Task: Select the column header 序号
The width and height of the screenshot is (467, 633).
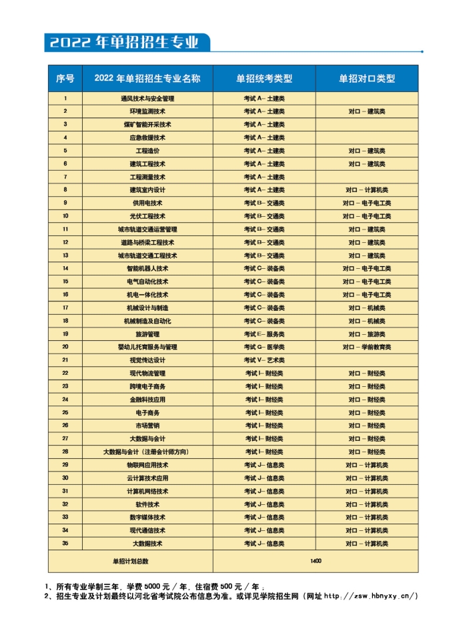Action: (x=65, y=78)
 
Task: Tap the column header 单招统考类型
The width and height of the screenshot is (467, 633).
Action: (x=264, y=78)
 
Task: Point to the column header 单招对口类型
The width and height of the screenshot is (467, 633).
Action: (x=367, y=78)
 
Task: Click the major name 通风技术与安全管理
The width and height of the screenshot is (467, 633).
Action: (x=147, y=99)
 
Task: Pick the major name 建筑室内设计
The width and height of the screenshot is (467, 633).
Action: (x=147, y=190)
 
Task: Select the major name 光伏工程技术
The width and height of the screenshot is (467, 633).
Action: (x=147, y=216)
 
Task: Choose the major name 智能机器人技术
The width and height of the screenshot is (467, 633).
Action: (x=147, y=268)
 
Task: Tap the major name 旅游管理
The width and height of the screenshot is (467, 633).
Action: (x=147, y=334)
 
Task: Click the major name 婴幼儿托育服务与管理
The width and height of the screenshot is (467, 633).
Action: (x=147, y=347)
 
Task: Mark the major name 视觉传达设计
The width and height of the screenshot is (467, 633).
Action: (x=147, y=360)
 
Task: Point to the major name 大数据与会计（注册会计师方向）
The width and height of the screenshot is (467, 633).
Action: (x=147, y=452)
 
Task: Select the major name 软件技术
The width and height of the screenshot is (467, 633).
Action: (x=147, y=504)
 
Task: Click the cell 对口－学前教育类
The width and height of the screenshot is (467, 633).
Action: (x=367, y=347)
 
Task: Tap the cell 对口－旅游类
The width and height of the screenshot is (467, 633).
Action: (x=367, y=334)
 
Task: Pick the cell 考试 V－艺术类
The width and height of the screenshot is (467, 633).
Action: (x=264, y=360)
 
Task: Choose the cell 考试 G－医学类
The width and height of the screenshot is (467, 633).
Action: (x=264, y=347)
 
